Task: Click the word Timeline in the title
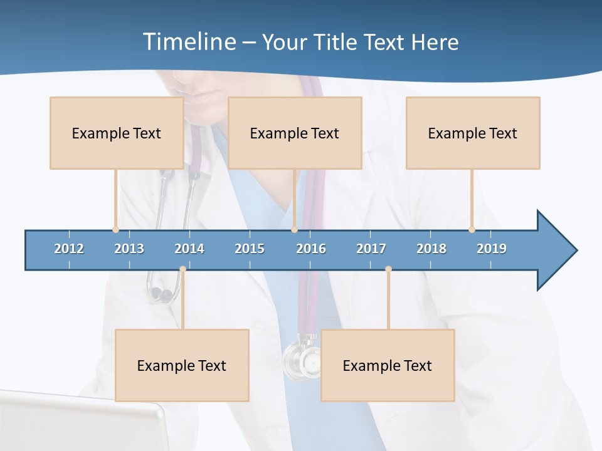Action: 189,41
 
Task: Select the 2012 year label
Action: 69,249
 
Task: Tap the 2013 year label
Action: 129,249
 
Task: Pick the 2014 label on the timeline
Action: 189,249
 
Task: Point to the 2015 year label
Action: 250,249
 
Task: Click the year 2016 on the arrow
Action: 311,249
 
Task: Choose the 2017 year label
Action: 371,249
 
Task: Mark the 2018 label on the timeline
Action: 431,249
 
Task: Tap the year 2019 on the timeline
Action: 492,249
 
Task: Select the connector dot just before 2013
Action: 115,229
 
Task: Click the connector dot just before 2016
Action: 294,229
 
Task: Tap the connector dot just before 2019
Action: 472,229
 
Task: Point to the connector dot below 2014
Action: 182,269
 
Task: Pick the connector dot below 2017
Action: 388,269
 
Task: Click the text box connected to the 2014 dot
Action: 182,365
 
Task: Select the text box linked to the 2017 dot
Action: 388,365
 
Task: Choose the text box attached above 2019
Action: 473,133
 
